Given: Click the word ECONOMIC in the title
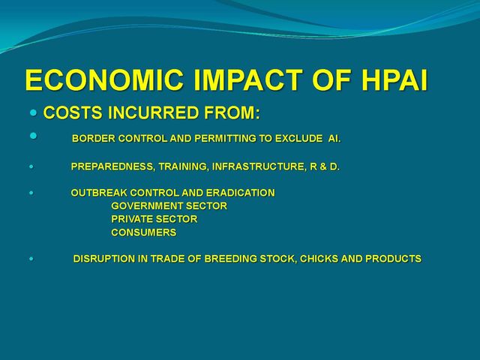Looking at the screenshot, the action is pyautogui.click(x=104, y=80).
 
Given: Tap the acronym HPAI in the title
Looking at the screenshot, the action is pyautogui.click(x=394, y=80).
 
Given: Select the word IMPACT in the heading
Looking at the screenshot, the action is pyautogui.click(x=248, y=80).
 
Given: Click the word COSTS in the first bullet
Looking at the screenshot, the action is pyautogui.click(x=73, y=112).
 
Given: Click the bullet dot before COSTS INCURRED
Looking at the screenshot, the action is pyautogui.click(x=33, y=112).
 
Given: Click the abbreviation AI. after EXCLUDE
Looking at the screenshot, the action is pyautogui.click(x=334, y=139).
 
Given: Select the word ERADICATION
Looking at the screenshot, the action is pyautogui.click(x=241, y=193).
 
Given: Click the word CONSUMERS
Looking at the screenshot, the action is pyautogui.click(x=144, y=232).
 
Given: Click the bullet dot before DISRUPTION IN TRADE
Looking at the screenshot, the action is pyautogui.click(x=31, y=259).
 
